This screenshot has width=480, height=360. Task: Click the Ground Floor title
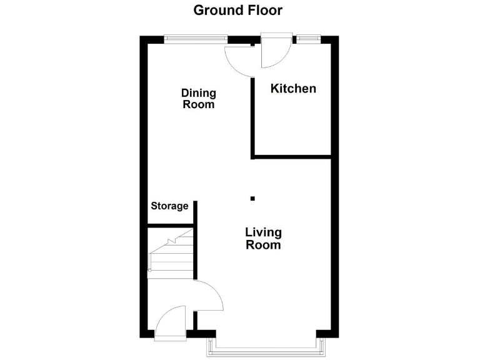(237, 10)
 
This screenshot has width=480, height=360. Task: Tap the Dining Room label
(199, 99)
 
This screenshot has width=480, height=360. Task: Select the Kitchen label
(293, 89)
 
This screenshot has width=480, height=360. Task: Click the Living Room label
(263, 239)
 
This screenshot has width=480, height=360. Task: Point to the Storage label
(169, 206)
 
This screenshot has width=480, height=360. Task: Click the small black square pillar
(252, 199)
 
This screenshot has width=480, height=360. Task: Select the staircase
(170, 253)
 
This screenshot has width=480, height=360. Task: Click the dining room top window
(196, 39)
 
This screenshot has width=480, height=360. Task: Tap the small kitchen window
(306, 39)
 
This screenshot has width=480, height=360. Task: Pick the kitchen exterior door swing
(274, 54)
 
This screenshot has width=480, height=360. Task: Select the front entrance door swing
(170, 322)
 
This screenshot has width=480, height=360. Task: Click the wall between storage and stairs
(171, 226)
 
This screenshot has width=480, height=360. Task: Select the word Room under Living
(263, 246)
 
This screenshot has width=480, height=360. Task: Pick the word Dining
(199, 93)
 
